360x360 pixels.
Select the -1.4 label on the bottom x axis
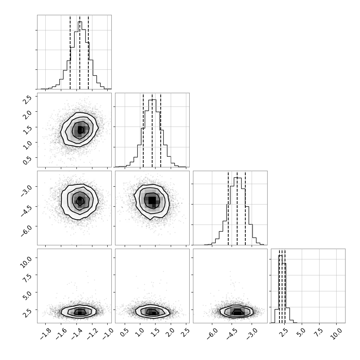coord(76,334)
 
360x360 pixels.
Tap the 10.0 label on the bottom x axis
coord(336,333)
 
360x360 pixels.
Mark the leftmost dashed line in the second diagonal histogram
coord(143,130)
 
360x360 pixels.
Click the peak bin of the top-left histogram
coord(80,55)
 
